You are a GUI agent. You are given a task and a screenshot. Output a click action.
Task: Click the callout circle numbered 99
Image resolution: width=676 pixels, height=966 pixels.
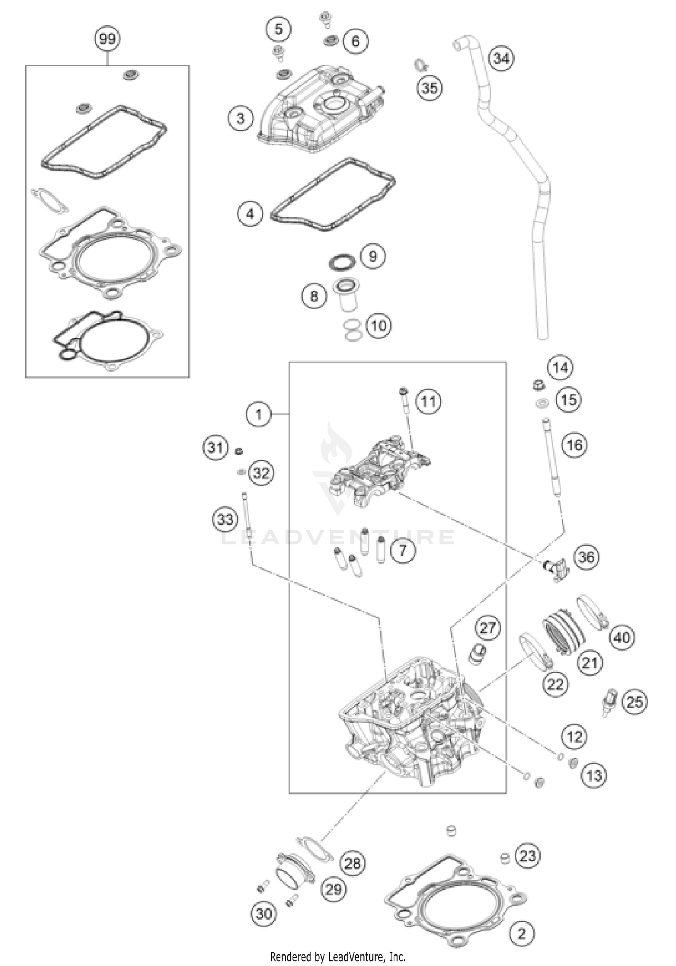pyautogui.click(x=107, y=39)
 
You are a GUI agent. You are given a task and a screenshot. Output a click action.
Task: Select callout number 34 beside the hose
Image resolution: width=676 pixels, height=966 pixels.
pyautogui.click(x=501, y=58)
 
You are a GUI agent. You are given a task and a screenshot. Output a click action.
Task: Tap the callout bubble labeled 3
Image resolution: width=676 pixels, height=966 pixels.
pyautogui.click(x=240, y=119)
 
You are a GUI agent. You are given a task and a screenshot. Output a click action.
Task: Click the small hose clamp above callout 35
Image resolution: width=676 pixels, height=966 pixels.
pyautogui.click(x=420, y=65)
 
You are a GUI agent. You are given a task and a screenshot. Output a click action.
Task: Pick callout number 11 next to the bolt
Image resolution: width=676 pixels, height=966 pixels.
pyautogui.click(x=428, y=401)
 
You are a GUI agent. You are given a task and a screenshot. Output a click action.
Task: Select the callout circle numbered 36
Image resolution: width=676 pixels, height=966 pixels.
pyautogui.click(x=586, y=557)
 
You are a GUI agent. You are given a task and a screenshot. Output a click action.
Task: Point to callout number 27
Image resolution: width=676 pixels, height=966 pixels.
pyautogui.click(x=488, y=627)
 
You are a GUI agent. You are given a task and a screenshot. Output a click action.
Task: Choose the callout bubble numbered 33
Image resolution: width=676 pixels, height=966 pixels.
pyautogui.click(x=225, y=519)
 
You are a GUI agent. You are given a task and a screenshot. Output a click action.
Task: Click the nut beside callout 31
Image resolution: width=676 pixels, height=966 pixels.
pyautogui.click(x=240, y=450)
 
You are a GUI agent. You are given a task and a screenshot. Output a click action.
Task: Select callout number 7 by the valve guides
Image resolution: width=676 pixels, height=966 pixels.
pyautogui.click(x=402, y=549)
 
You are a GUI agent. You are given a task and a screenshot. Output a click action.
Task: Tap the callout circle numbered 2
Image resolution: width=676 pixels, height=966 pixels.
pyautogui.click(x=521, y=933)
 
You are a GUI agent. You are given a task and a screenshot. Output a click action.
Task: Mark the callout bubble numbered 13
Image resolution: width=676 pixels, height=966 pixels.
pyautogui.click(x=594, y=776)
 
